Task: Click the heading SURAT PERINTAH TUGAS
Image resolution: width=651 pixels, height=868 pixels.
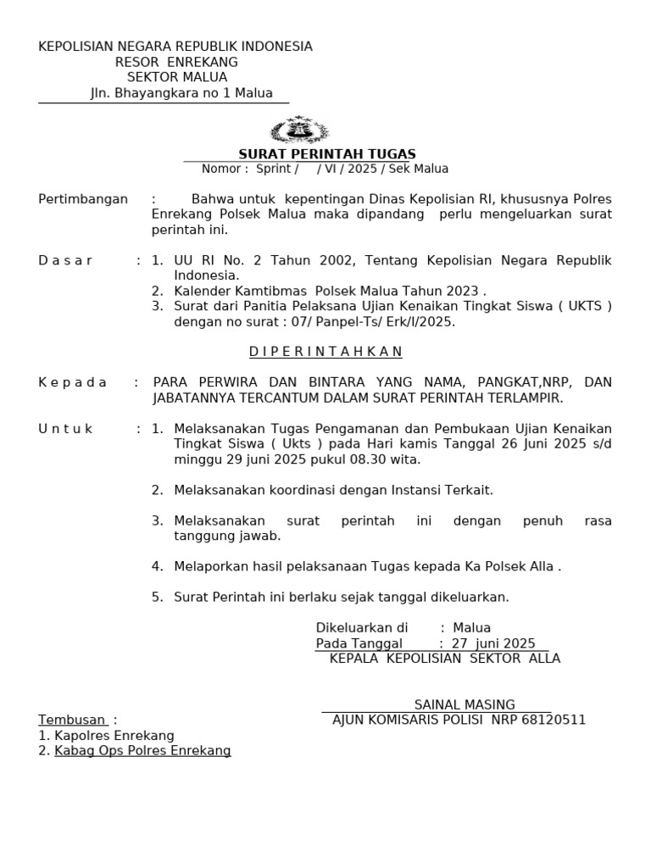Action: point(327,153)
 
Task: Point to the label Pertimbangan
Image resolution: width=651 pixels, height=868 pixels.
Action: point(83,199)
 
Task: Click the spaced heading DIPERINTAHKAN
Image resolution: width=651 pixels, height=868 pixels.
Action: point(325,352)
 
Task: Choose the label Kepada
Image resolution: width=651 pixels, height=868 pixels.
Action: point(73,382)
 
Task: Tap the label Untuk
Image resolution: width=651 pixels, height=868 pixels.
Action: point(66,429)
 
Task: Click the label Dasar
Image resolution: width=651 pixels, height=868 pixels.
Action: point(66,260)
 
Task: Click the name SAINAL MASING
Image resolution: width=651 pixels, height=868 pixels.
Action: point(465,704)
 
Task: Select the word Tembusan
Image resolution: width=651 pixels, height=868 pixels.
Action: point(73,720)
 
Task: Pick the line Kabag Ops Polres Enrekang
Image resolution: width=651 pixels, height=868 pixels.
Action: point(142,750)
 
